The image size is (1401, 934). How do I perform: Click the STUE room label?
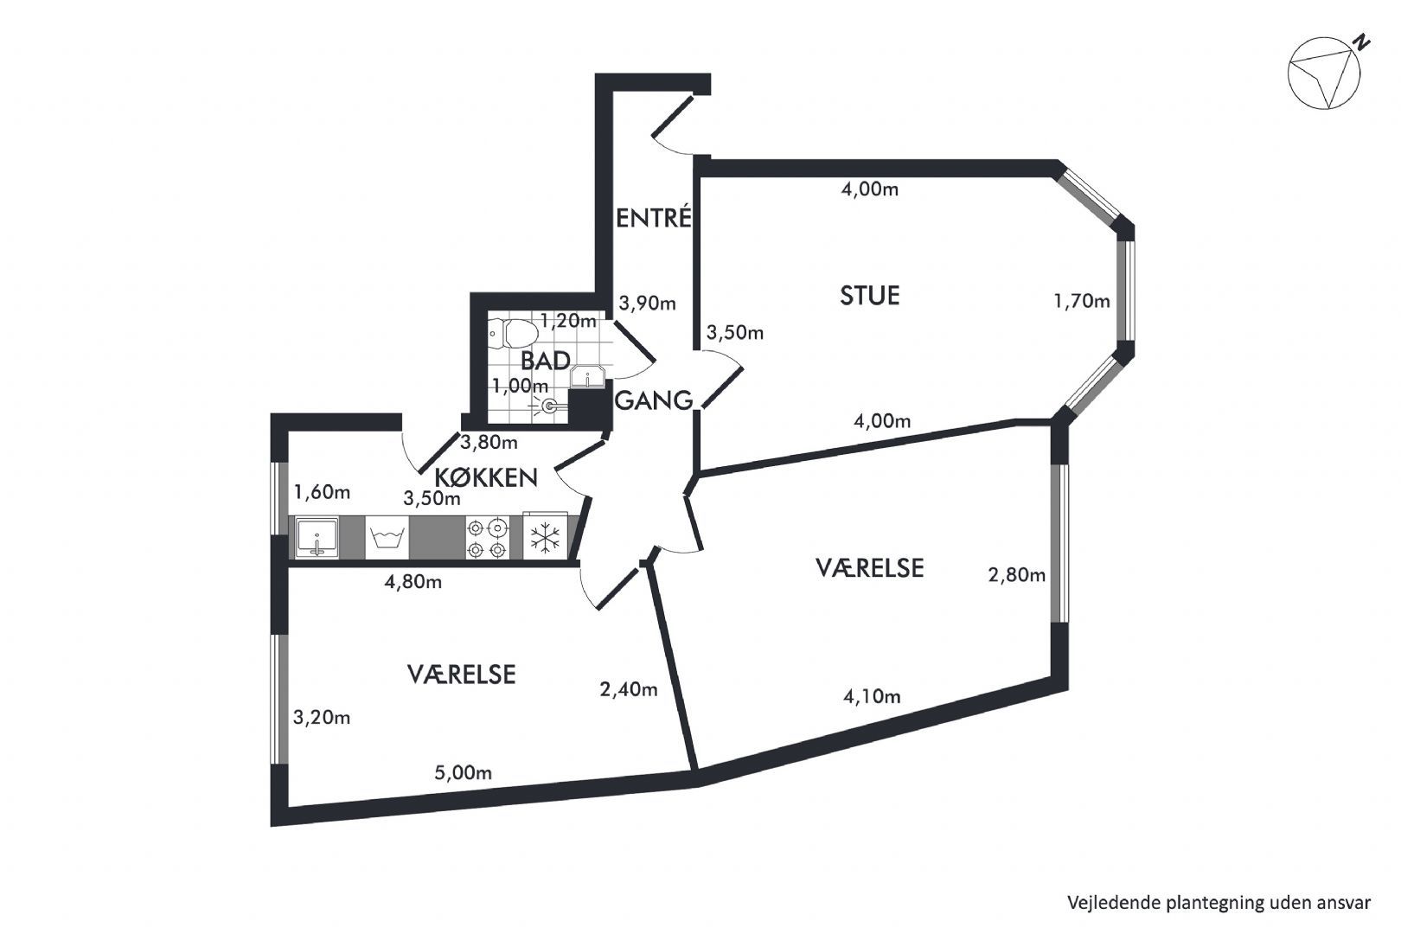(870, 296)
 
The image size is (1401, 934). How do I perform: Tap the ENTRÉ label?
(654, 218)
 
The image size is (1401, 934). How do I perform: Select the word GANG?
(654, 400)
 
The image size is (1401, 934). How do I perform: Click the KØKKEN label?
(486, 477)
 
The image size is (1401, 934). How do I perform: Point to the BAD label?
(545, 361)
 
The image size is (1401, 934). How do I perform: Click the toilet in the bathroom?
(512, 333)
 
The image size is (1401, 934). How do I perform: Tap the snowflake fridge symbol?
(545, 538)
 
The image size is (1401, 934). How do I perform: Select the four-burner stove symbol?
(486, 538)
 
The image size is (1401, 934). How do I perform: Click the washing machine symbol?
(386, 538)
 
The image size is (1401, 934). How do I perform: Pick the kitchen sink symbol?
(316, 538)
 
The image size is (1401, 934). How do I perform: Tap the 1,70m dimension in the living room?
(1081, 301)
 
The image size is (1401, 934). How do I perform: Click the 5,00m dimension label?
(464, 772)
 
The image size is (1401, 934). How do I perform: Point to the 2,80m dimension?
(1016, 574)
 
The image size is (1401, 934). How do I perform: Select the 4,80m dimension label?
(413, 582)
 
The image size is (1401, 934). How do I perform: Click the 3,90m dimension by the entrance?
(647, 304)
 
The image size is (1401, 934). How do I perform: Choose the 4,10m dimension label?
(872, 696)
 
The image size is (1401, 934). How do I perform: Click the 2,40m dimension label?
(629, 689)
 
